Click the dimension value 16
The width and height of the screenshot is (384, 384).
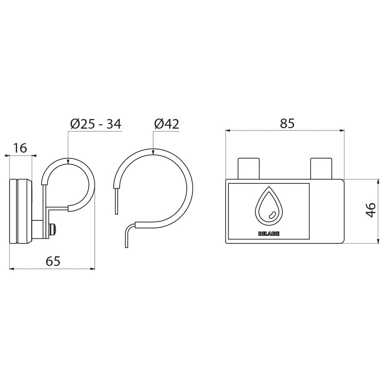[x=20, y=148]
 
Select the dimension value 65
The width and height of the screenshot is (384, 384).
[x=53, y=261]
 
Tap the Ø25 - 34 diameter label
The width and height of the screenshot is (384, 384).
[x=96, y=124]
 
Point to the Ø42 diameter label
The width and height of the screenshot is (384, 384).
[x=167, y=124]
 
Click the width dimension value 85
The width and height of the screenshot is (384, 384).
[x=287, y=124]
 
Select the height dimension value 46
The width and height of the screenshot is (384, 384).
[x=371, y=210]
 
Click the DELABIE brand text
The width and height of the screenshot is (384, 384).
[x=269, y=234]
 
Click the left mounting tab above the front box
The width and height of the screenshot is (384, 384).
[x=249, y=168]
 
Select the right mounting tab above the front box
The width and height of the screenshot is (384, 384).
[x=321, y=168]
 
